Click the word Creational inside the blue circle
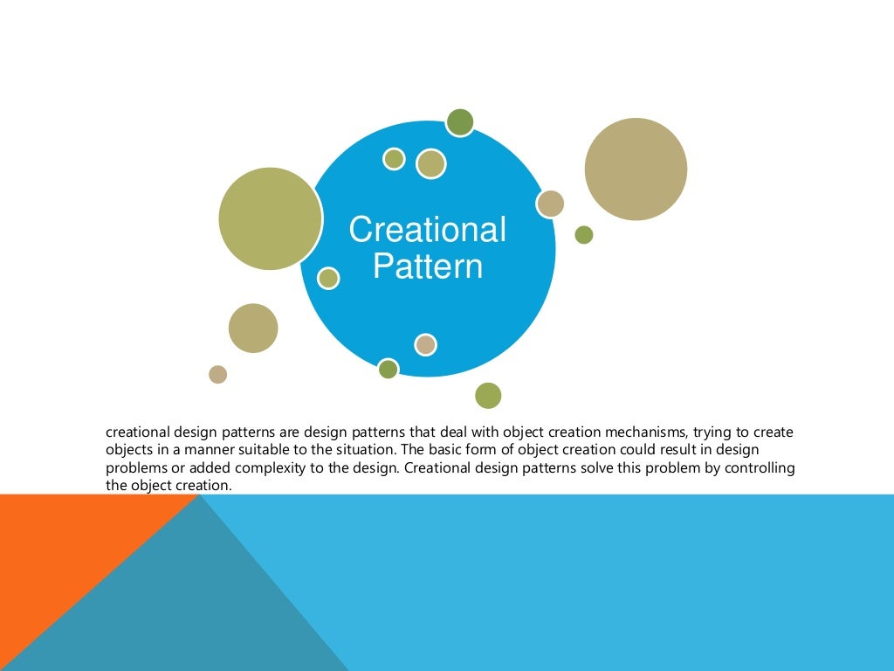427,230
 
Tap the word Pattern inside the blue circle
427,266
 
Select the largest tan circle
636,169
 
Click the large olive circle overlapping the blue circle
270,218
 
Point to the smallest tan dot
217,374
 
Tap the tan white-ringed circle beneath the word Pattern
425,344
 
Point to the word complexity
272,467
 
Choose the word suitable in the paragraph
253,449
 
